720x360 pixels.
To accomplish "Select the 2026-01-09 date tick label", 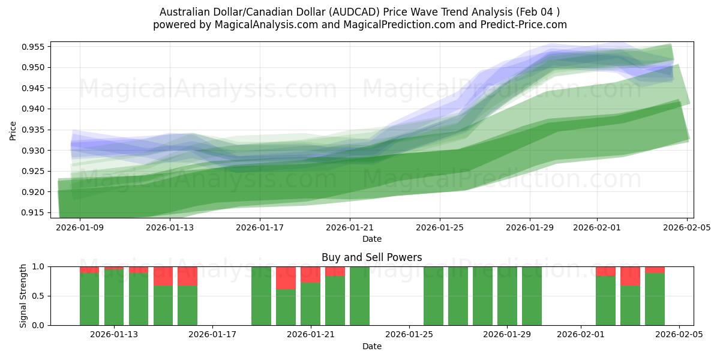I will [80, 227].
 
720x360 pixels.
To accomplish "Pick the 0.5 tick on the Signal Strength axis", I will [39, 296].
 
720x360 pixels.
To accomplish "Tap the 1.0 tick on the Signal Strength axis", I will [39, 266].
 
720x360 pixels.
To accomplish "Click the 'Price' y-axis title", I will [13, 130].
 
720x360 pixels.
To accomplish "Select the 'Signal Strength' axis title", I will [24, 296].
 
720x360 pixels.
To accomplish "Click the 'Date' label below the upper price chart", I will [371, 239].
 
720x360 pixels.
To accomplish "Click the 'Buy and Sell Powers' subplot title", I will [371, 257].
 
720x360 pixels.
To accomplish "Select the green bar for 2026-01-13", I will [114, 297].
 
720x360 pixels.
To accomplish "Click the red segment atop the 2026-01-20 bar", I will [286, 278].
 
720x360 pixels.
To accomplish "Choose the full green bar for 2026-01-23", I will [359, 296].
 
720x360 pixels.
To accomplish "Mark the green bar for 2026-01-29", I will [507, 296].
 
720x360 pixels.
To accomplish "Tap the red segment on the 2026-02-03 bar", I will [630, 276].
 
